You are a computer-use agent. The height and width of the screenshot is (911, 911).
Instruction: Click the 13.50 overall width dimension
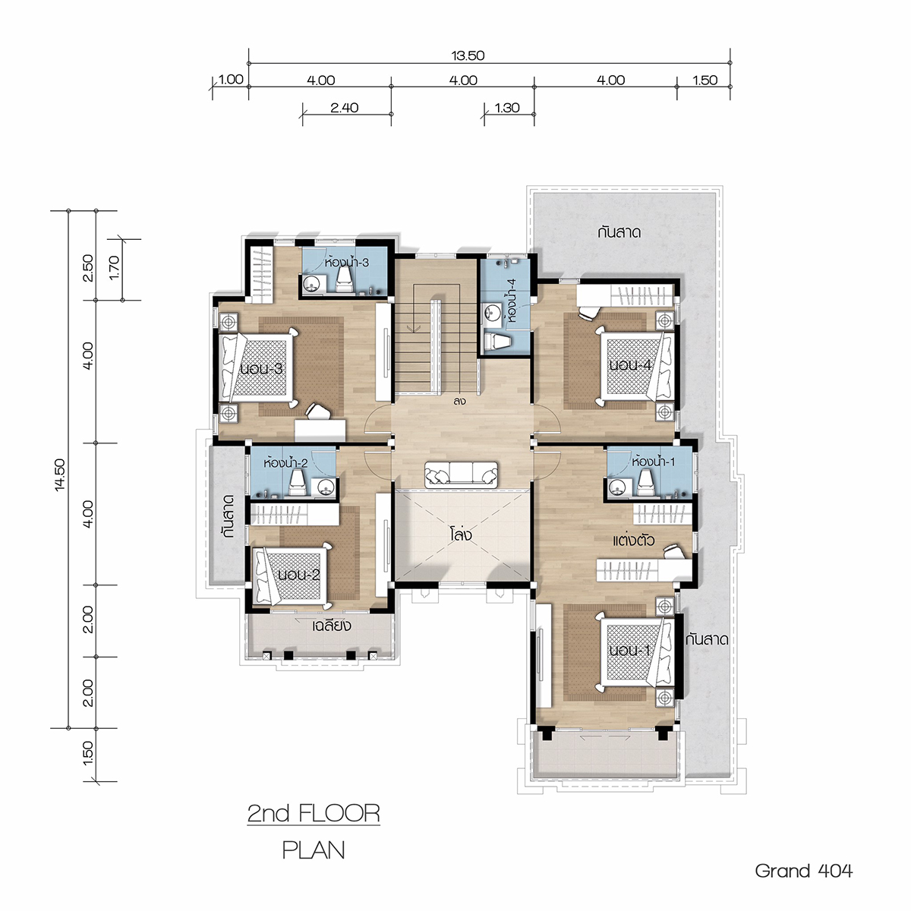(x=468, y=55)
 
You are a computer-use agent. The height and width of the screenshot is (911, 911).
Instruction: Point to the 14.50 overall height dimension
(x=60, y=474)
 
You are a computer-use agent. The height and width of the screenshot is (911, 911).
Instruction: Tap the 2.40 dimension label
(x=344, y=108)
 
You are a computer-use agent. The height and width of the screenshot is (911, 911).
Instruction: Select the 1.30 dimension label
(x=507, y=108)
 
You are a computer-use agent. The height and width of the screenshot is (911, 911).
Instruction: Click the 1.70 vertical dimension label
(x=115, y=268)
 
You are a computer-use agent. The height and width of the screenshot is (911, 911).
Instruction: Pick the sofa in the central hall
(x=461, y=474)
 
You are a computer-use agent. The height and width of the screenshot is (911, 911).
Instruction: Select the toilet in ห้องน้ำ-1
(x=645, y=483)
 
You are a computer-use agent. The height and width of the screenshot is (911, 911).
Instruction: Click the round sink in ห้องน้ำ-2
(x=325, y=487)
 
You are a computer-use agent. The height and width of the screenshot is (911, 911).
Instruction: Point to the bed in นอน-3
(x=258, y=368)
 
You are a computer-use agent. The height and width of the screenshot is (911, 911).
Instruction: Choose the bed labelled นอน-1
(x=636, y=652)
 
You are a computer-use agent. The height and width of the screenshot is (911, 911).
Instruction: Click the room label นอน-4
(x=630, y=365)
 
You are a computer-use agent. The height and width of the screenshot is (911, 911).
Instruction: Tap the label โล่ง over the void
(x=461, y=535)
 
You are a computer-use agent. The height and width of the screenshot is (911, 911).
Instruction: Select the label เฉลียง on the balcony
(x=332, y=626)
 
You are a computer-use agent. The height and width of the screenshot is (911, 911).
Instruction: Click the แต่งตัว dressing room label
(x=633, y=540)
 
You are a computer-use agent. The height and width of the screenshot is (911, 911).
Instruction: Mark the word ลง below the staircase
(x=459, y=402)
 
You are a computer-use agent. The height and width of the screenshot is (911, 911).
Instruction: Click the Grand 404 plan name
(x=804, y=870)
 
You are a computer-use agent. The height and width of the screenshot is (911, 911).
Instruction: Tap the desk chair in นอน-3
(x=317, y=411)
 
